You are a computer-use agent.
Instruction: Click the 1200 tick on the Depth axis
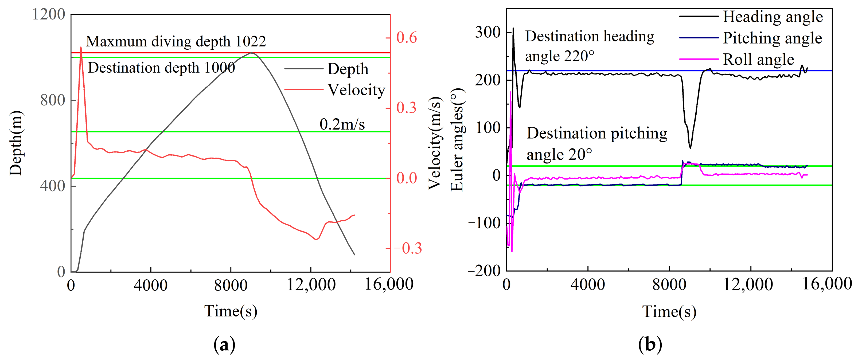[48, 14]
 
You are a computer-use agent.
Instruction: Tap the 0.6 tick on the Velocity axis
[406, 38]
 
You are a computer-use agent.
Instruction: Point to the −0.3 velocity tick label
[408, 248]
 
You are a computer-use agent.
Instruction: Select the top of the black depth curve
[252, 53]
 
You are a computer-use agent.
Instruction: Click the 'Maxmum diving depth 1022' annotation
[176, 41]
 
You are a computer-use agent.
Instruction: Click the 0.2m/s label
[342, 124]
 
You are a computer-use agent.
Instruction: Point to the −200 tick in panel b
[484, 271]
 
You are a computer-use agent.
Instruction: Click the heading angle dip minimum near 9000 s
[691, 148]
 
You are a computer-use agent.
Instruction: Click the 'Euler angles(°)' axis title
[457, 140]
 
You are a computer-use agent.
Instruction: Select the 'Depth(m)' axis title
[16, 143]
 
